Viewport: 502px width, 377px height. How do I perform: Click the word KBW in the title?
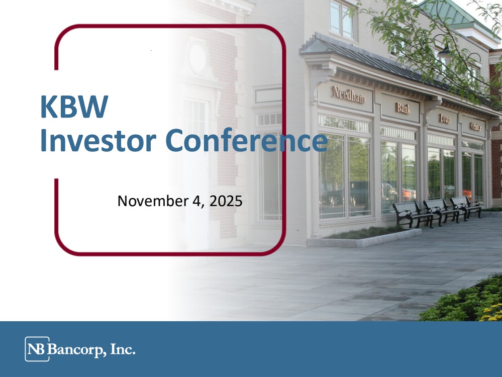point(74,107)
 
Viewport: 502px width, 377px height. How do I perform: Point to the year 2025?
point(226,201)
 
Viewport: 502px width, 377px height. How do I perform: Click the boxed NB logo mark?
point(37,349)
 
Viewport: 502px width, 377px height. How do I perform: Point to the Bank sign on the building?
point(403,108)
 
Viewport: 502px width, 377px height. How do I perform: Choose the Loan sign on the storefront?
point(445,119)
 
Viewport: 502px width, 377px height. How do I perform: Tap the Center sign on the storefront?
point(476,127)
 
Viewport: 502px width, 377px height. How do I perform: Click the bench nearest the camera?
point(413,214)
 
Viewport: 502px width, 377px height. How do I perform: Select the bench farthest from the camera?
point(466,206)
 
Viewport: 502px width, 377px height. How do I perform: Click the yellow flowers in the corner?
point(491,313)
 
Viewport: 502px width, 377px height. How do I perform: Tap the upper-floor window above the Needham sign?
point(342,19)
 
